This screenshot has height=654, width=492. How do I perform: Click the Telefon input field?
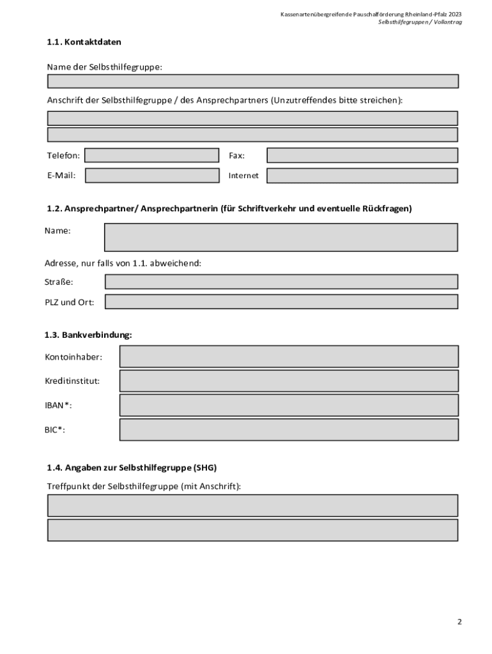[151, 155]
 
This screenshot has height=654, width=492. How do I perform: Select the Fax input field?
[362, 155]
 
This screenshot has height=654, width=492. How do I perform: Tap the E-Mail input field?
[151, 176]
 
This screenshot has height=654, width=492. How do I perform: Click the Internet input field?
[362, 176]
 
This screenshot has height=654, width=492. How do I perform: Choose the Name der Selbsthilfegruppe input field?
[252, 81]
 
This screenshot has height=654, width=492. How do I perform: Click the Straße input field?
[281, 282]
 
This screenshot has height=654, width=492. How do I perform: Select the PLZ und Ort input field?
[281, 301]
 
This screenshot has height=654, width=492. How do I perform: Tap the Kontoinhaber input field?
[289, 356]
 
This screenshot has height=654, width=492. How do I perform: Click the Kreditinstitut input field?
[289, 381]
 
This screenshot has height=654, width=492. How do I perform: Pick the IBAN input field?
[289, 405]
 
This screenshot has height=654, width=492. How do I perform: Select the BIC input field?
[289, 430]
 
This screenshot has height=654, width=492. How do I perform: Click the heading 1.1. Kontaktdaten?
[84, 42]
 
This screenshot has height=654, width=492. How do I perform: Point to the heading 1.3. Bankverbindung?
[88, 335]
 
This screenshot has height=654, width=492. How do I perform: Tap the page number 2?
[459, 621]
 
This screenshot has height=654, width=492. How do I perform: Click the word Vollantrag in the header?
[448, 22]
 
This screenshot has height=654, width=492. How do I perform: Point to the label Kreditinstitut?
[72, 381]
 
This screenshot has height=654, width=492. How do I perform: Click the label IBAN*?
[58, 406]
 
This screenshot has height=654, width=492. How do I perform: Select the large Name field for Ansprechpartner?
[281, 237]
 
